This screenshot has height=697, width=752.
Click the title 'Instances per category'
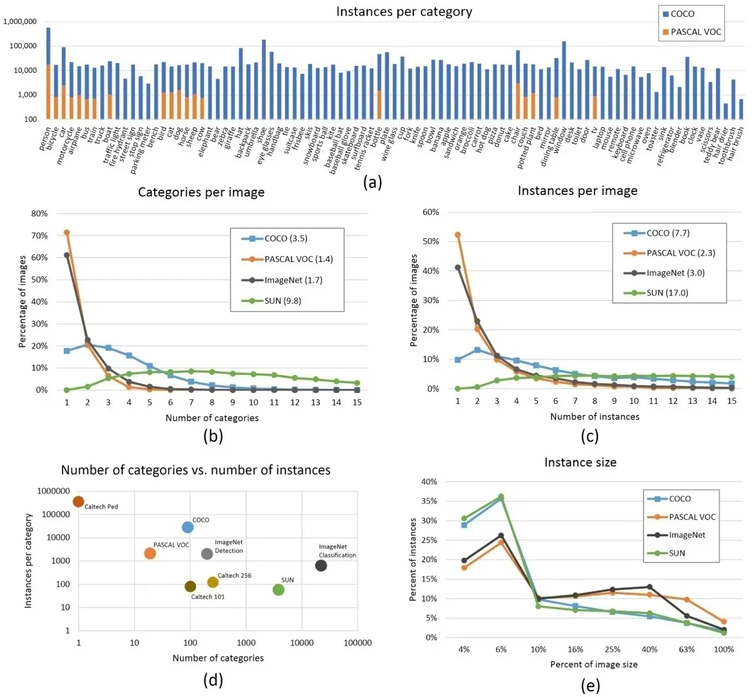pyautogui.click(x=404, y=12)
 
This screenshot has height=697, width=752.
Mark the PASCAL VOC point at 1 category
pyautogui.click(x=66, y=232)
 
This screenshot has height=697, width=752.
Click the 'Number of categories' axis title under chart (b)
pyautogui.click(x=212, y=418)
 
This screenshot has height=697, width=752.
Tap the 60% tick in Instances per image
pyautogui.click(x=430, y=212)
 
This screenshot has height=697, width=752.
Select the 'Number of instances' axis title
pyautogui.click(x=595, y=416)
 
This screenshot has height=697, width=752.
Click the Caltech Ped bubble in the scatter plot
pyautogui.click(x=79, y=501)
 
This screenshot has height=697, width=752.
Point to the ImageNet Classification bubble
pyautogui.click(x=321, y=565)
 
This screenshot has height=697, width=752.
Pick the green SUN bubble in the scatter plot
pyautogui.click(x=279, y=589)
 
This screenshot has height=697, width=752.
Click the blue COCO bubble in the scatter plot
pyautogui.click(x=188, y=527)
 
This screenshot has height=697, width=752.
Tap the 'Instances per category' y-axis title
pyautogui.click(x=28, y=560)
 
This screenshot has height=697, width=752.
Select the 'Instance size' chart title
pyautogui.click(x=580, y=462)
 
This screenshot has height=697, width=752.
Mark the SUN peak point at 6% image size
pyautogui.click(x=501, y=497)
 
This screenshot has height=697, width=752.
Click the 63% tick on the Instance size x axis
pyautogui.click(x=687, y=649)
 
